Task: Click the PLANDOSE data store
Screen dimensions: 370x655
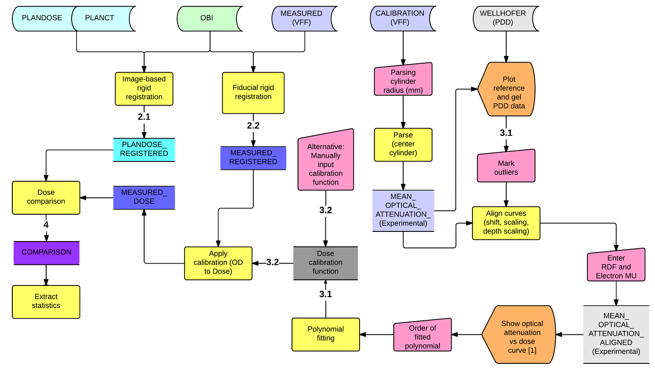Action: [x=42, y=18]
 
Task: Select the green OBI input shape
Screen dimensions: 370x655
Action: [x=207, y=18]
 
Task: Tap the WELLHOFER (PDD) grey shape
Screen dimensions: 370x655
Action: [x=503, y=18]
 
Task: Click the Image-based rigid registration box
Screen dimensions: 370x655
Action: [x=144, y=88]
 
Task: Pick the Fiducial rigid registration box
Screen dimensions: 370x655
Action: [x=253, y=93]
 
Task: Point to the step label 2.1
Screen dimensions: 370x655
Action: [x=144, y=117]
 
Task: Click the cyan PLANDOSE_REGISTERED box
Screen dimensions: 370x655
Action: [x=144, y=150]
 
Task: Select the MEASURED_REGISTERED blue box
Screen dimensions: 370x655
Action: [x=253, y=158]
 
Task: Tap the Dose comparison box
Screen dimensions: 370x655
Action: [x=46, y=198]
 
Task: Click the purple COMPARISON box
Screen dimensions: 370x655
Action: [x=47, y=253]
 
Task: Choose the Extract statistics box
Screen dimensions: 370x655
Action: [x=46, y=302]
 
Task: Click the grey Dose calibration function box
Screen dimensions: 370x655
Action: [x=325, y=263]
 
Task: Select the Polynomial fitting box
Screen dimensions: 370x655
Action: [x=326, y=334]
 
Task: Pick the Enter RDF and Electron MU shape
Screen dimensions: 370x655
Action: [x=616, y=265]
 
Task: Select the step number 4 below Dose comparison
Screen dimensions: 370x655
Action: [x=46, y=225]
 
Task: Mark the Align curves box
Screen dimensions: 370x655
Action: [x=506, y=223]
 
